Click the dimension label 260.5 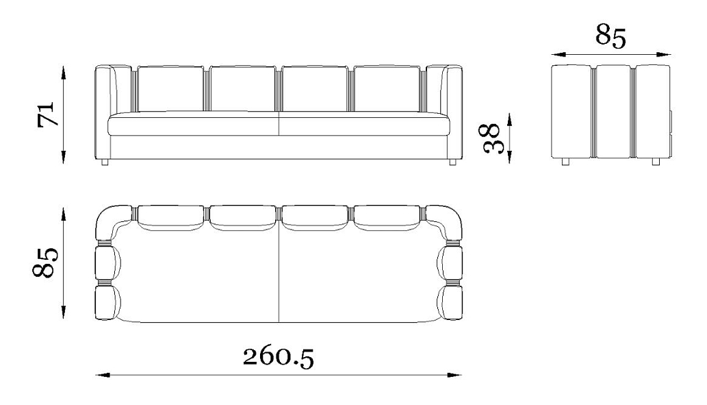(278, 357)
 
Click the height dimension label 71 (47, 114)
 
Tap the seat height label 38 (490, 138)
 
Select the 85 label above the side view (610, 36)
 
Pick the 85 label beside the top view (45, 262)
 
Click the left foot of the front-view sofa (105, 162)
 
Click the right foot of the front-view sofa (452, 162)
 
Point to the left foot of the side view (565, 161)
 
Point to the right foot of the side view (656, 161)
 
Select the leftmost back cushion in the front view (170, 88)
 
